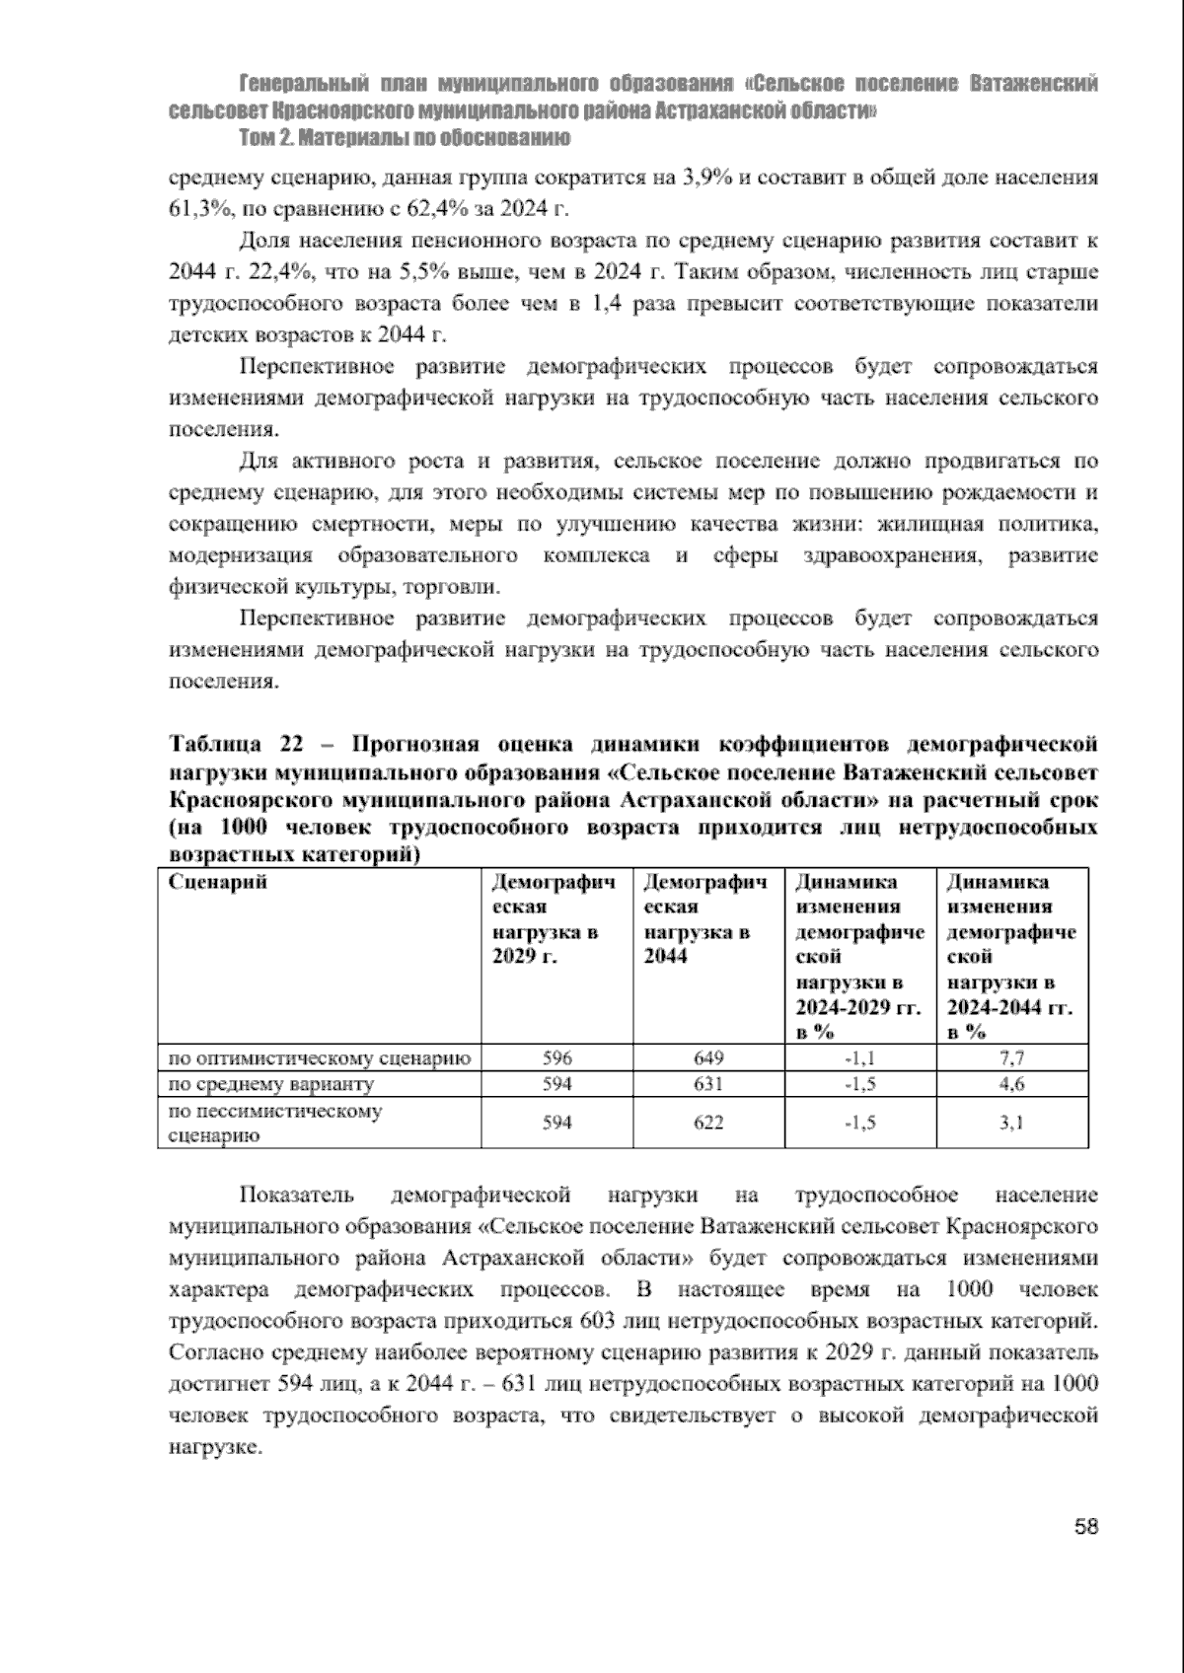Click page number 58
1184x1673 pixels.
(1085, 1528)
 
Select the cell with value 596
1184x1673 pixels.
(557, 1058)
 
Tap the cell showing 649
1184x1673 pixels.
(708, 1058)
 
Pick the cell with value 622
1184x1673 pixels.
(708, 1123)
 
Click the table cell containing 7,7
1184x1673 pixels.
(1011, 1058)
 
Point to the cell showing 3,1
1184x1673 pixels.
(1011, 1123)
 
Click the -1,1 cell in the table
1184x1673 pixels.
(860, 1058)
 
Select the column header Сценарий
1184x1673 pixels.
(218, 882)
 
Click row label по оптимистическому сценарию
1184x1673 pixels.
(319, 1058)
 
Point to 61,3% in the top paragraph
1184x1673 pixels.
(198, 210)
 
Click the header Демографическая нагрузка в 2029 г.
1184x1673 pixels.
(554, 919)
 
